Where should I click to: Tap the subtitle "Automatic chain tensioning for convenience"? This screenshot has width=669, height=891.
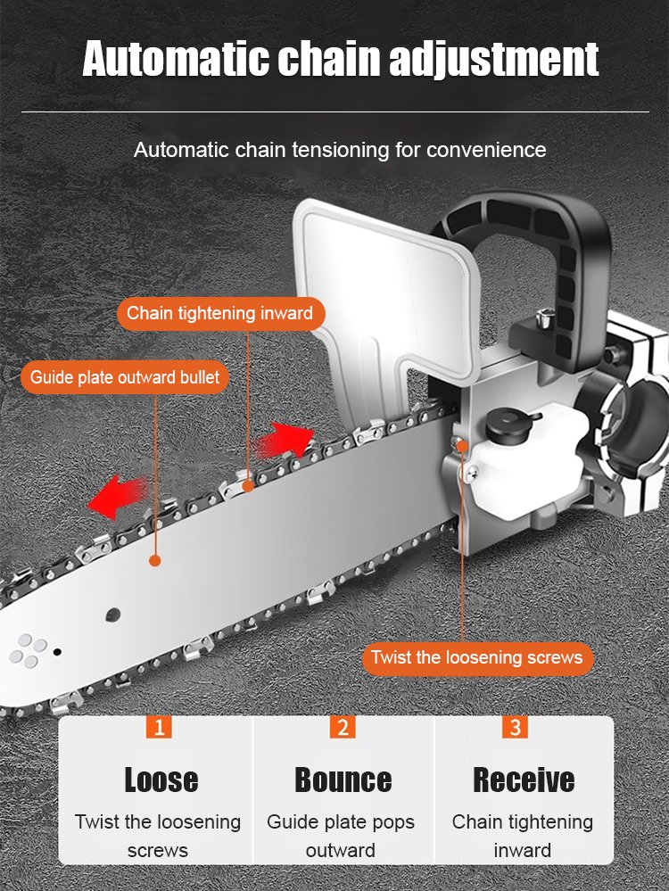coord(340,149)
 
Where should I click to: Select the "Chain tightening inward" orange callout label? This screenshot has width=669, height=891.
coord(219,313)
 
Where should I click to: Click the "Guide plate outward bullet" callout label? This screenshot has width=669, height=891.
coord(124,376)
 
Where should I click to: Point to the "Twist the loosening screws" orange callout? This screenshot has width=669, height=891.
coord(476,658)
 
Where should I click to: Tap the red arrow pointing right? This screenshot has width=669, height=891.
coord(285,439)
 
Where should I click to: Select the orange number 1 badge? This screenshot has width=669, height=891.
coord(160,727)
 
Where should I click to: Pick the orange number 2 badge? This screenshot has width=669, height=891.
coord(343,727)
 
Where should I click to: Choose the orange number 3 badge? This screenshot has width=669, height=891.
coord(515,727)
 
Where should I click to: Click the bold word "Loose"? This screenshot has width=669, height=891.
coord(161,780)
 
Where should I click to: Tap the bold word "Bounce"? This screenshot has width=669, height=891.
coord(343,780)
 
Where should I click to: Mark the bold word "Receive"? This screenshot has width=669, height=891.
coord(523,780)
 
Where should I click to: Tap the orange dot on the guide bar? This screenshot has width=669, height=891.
coord(155,561)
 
